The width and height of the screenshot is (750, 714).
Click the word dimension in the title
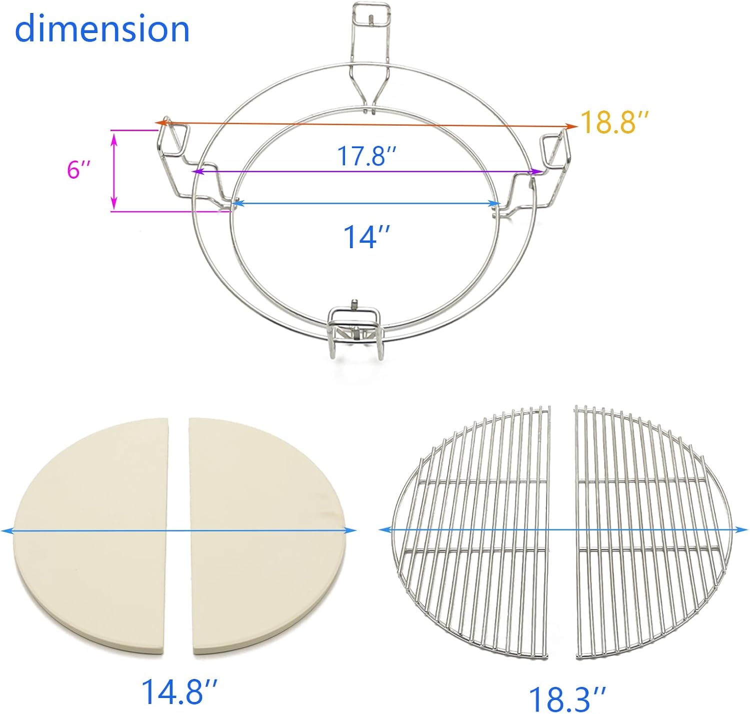(x=102, y=29)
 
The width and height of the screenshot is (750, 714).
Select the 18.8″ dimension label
(x=615, y=122)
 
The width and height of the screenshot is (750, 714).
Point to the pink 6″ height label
(x=79, y=170)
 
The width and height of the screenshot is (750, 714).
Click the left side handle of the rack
(x=174, y=150)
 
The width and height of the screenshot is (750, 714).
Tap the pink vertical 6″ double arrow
(x=114, y=170)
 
